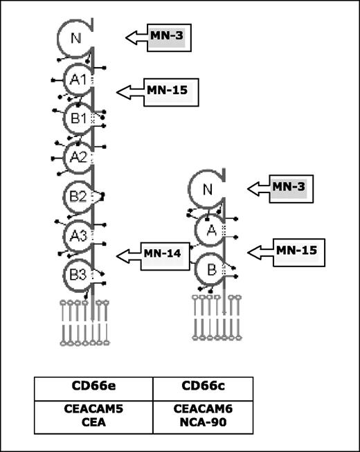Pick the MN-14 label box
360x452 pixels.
[x=163, y=255]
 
